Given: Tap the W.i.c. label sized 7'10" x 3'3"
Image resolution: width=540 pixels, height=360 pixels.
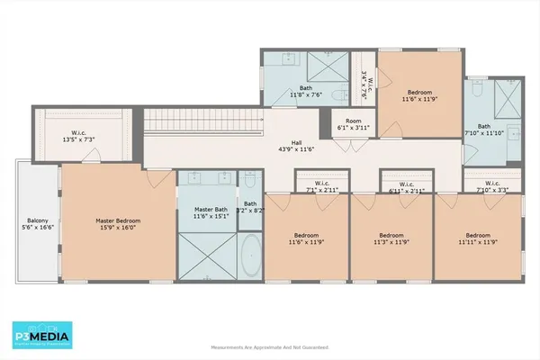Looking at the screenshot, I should click(x=490, y=187).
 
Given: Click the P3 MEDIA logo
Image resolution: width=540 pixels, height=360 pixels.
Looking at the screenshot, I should click(x=44, y=334).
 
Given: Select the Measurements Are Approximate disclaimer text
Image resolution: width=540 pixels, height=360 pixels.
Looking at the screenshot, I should click(x=269, y=346).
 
